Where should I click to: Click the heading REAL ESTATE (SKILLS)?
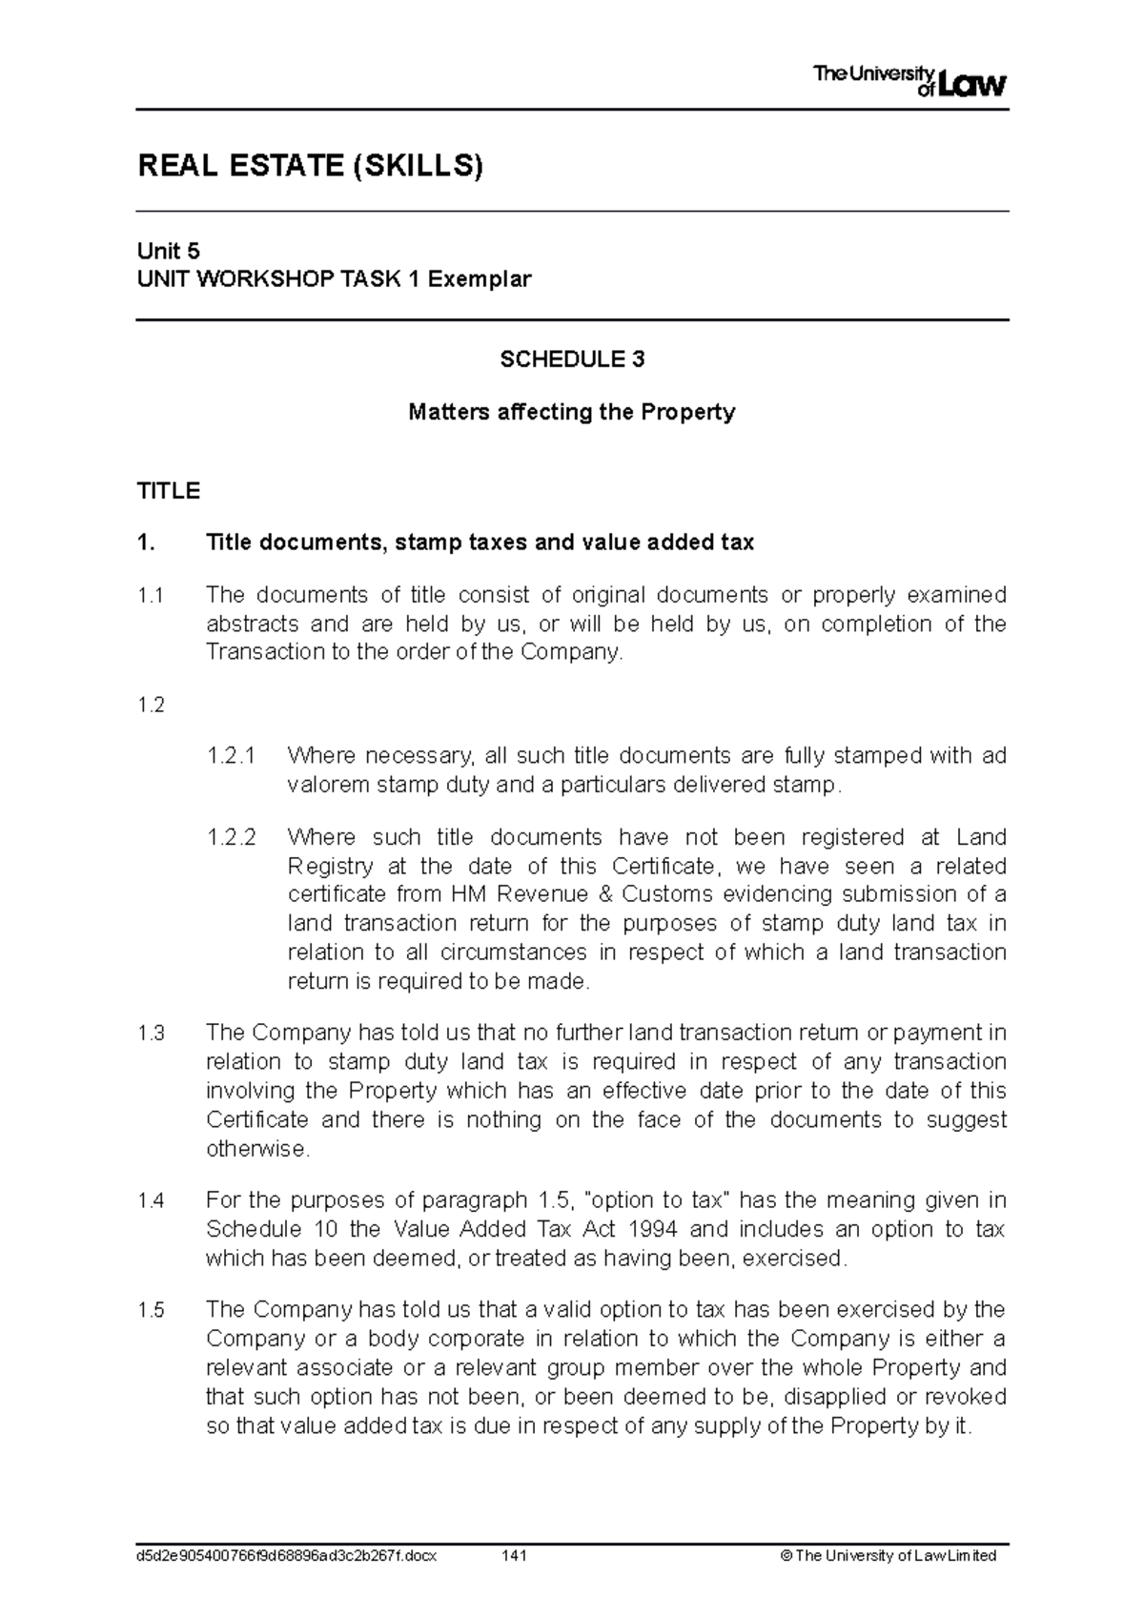[x=311, y=167]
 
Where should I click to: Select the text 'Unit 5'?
[x=169, y=252]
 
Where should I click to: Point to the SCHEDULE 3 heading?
[x=572, y=359]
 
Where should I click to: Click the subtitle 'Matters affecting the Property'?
[x=572, y=413]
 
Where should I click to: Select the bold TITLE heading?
[x=169, y=491]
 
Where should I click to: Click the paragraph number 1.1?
[x=151, y=596]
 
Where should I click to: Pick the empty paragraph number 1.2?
[x=151, y=705]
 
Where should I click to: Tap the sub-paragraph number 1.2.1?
[x=232, y=757]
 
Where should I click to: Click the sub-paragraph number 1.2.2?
[x=232, y=838]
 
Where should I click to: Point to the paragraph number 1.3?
[x=151, y=1034]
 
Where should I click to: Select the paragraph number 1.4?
[x=151, y=1201]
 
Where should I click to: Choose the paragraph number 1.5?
[x=151, y=1311]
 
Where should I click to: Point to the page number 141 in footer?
[x=514, y=1556]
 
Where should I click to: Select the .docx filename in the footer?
[x=287, y=1556]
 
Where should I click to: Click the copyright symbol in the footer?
[x=786, y=1556]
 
